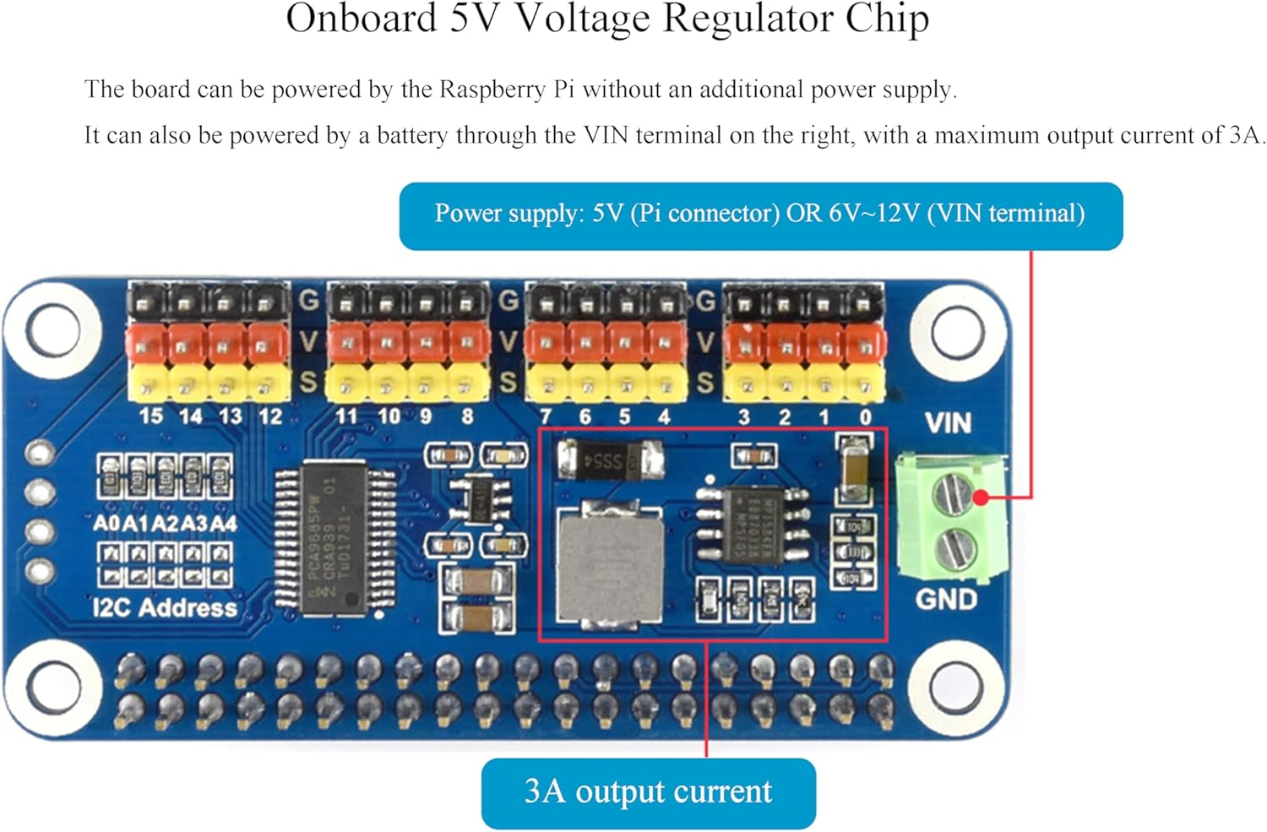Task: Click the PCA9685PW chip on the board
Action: (x=335, y=536)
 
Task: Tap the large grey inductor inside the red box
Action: (x=609, y=563)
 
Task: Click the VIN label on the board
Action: (x=948, y=422)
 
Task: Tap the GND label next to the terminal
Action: (x=946, y=599)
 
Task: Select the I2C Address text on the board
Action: (x=165, y=607)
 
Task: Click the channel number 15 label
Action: (x=150, y=416)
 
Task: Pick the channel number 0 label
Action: (x=865, y=416)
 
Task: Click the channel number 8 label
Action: (x=467, y=416)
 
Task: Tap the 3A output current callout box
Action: (x=648, y=792)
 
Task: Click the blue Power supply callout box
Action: (x=760, y=215)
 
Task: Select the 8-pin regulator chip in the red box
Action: (x=753, y=523)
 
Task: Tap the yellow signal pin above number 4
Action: (x=666, y=383)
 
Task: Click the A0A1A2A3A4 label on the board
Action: (x=165, y=524)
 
